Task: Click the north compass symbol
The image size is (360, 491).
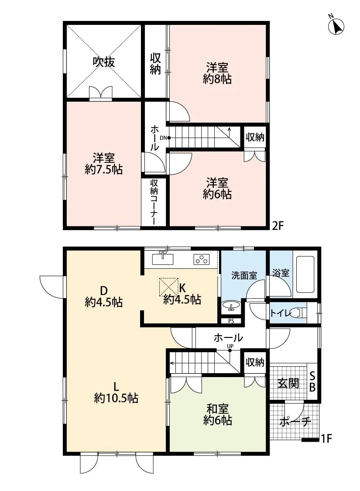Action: (x=336, y=26)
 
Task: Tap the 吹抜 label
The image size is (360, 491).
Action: (x=104, y=62)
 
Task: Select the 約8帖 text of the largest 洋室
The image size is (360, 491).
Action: (x=217, y=79)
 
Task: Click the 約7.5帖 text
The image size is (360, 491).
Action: (x=103, y=169)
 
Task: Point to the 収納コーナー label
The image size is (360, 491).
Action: (x=154, y=203)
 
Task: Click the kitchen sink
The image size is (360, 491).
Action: (x=163, y=258)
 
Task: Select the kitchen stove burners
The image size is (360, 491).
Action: (x=201, y=259)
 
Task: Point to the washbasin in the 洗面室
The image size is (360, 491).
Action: (x=231, y=306)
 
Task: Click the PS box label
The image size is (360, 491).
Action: (x=231, y=321)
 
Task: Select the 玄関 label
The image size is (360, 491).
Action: (x=288, y=384)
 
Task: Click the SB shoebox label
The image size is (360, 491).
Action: (x=312, y=382)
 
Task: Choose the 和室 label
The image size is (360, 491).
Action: (x=217, y=409)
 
